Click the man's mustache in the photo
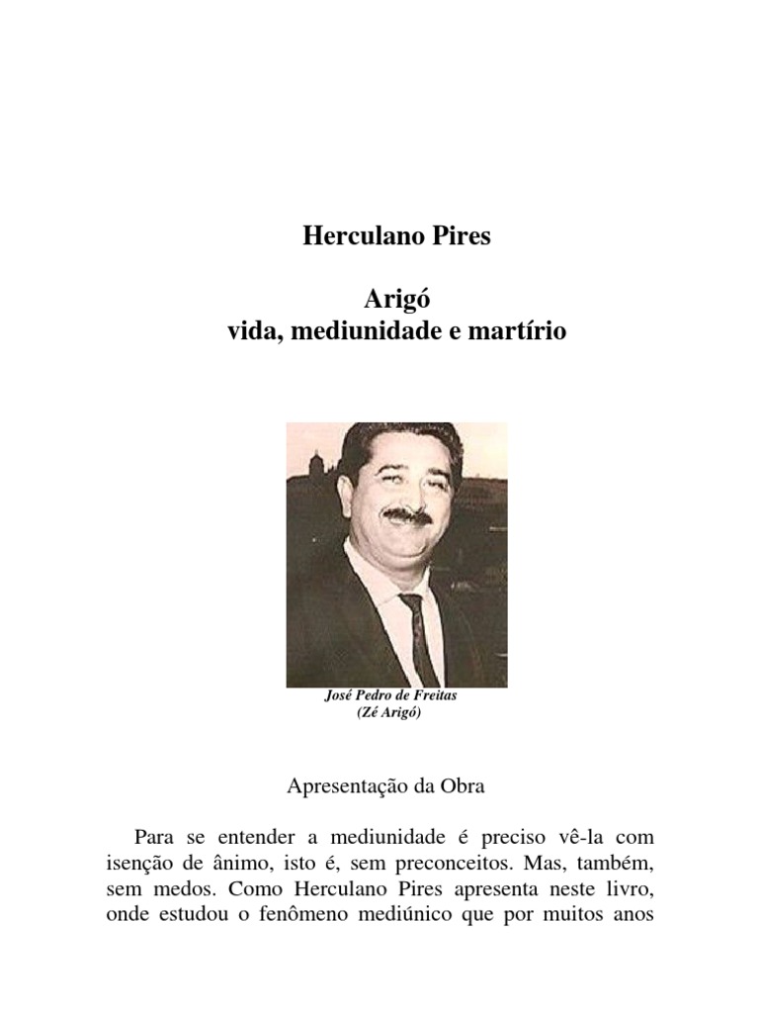click(x=406, y=516)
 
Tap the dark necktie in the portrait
click(x=420, y=633)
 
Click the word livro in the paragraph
click(x=626, y=887)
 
